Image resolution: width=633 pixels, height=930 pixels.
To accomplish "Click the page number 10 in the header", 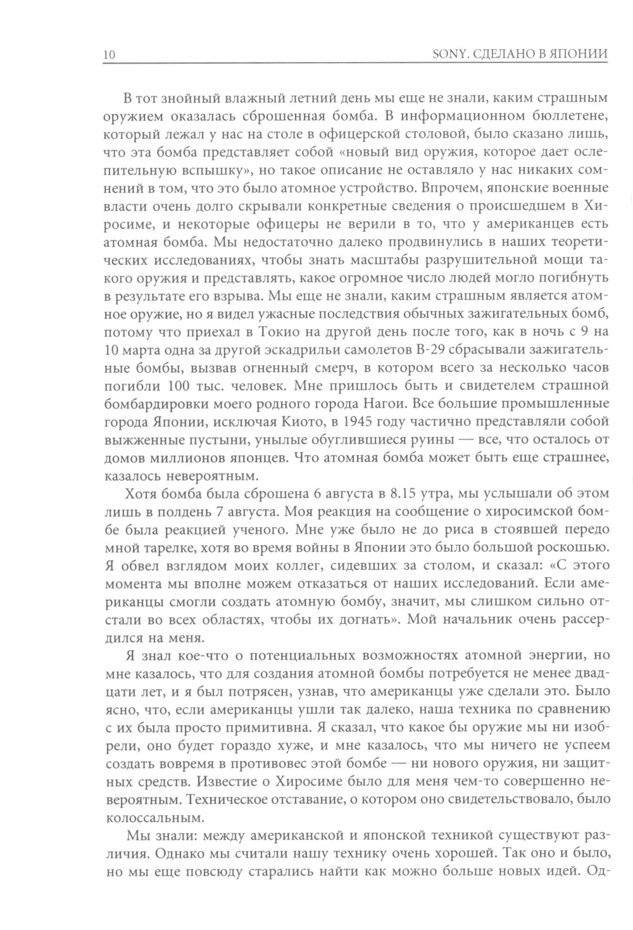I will [108, 55].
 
